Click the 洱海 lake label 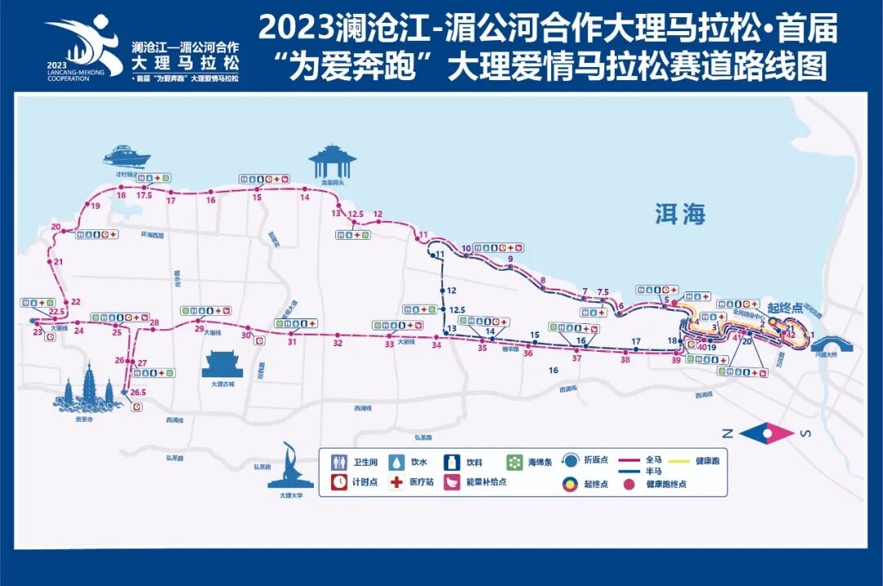click(x=679, y=214)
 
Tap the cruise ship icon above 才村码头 click(x=126, y=156)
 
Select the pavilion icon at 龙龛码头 click(x=332, y=161)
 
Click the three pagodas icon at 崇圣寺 click(x=85, y=391)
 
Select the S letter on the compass click(x=805, y=434)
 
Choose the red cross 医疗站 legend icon click(x=397, y=482)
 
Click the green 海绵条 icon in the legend click(x=514, y=462)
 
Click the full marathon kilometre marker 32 click(x=338, y=343)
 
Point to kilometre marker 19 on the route click(x=96, y=206)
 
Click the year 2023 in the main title click(x=295, y=29)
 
